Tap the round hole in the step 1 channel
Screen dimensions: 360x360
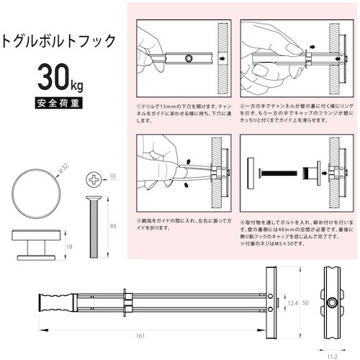pos(189,58)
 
